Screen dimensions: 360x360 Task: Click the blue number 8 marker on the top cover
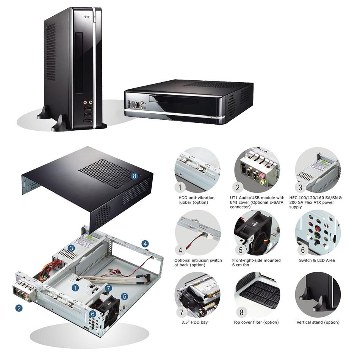[x=134, y=176]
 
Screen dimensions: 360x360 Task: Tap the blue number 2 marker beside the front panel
[x=19, y=308]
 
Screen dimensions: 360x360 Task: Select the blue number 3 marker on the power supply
[x=71, y=248]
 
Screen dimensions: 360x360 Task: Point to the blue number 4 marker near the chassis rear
[x=145, y=244]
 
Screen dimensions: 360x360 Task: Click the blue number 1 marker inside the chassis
[x=75, y=288]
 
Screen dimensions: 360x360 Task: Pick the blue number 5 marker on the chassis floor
[x=124, y=296]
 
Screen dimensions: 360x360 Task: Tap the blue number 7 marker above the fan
[x=109, y=288]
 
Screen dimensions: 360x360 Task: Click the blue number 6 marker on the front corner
[x=92, y=314]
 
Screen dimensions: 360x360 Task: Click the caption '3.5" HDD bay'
[x=194, y=322]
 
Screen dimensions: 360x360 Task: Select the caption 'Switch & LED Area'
[x=317, y=260]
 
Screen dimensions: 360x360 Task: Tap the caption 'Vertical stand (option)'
[x=318, y=322]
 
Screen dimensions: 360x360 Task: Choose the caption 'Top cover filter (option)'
[x=256, y=322]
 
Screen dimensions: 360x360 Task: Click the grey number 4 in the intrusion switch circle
[x=180, y=250]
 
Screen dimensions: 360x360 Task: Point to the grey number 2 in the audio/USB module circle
[x=238, y=188]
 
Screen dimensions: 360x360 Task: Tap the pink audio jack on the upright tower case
[x=85, y=102]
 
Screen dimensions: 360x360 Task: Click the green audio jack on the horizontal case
[x=142, y=108]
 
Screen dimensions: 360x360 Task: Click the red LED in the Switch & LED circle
[x=318, y=229]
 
